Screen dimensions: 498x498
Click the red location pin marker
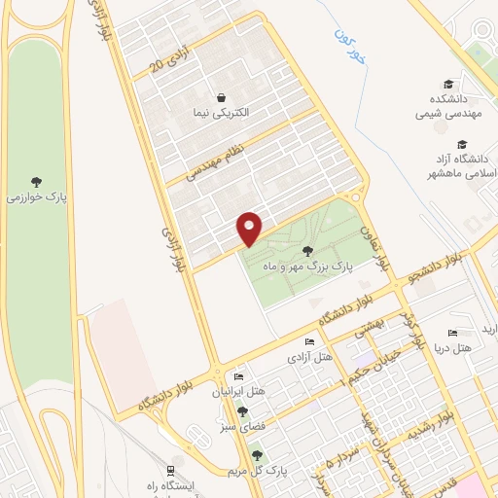(x=250, y=228)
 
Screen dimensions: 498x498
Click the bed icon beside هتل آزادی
(x=309, y=341)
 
